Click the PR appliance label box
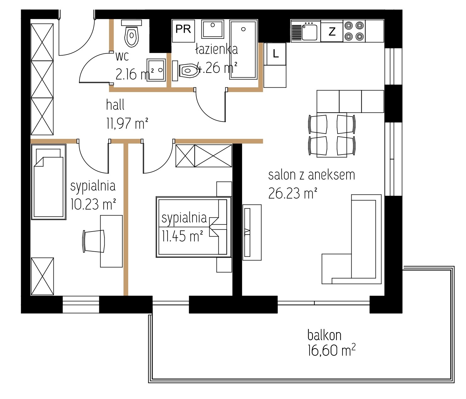(x=183, y=31)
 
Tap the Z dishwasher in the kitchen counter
(x=332, y=31)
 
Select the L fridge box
(x=275, y=54)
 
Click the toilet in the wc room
(x=131, y=34)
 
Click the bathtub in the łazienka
(x=244, y=49)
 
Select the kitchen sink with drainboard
(x=306, y=31)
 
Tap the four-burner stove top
(x=354, y=31)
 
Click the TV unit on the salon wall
(x=252, y=232)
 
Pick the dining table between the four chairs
(x=332, y=135)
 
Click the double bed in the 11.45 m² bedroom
(x=194, y=227)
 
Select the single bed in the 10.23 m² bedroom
(x=48, y=182)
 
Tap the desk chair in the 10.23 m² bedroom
(x=94, y=241)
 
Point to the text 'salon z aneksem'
(x=312, y=175)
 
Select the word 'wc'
(x=122, y=56)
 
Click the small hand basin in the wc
(x=156, y=70)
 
